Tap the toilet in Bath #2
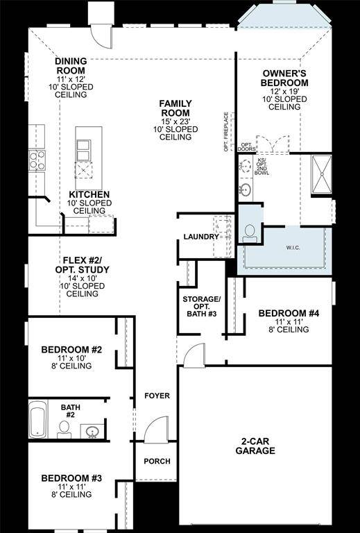coord(64,428)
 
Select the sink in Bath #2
coord(92,432)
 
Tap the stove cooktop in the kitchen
coord(36,160)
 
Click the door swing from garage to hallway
coord(198,355)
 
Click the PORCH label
coord(157,462)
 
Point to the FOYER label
coord(157,396)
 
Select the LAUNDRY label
coord(201,237)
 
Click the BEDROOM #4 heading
coord(289,314)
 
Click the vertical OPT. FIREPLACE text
coord(226,131)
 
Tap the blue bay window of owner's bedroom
coord(284,17)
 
